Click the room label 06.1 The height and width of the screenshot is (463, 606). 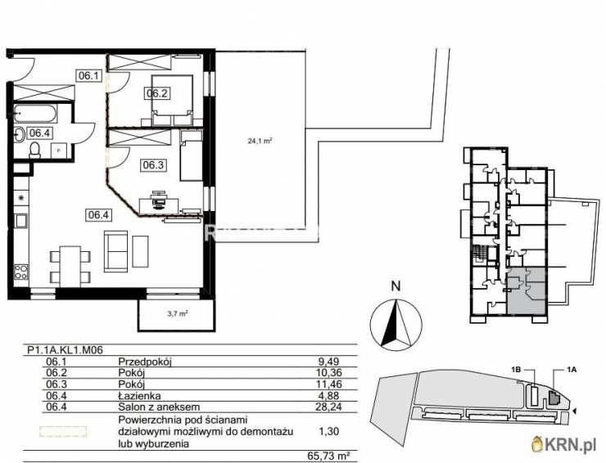(88, 76)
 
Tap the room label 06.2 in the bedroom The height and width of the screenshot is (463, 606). (157, 93)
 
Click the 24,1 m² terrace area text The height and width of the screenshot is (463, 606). (260, 140)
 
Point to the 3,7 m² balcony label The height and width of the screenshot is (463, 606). (179, 312)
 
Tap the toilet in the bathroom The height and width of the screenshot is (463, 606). (35, 149)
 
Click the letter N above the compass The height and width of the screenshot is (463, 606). (396, 286)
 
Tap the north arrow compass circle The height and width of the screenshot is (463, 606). (395, 323)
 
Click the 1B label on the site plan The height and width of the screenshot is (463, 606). (516, 370)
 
